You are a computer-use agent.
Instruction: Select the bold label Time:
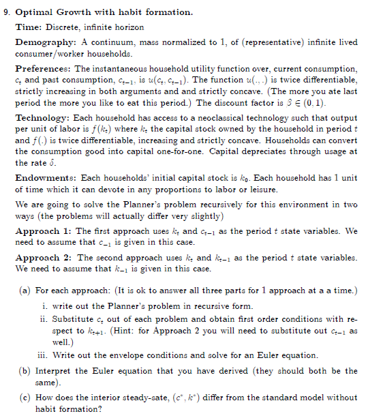(x=27, y=27)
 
